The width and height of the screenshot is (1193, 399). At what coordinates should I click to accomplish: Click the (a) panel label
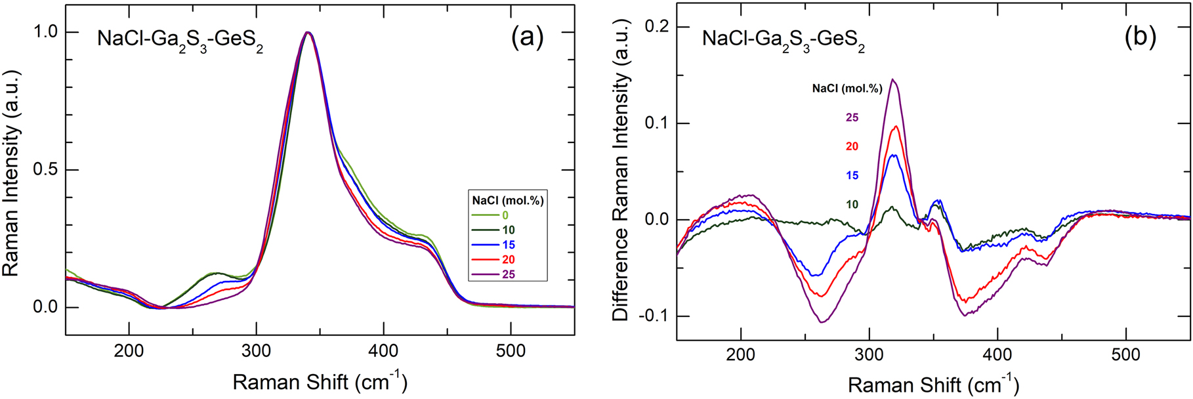[527, 37]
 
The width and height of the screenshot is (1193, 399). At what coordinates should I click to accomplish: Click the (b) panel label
[1140, 37]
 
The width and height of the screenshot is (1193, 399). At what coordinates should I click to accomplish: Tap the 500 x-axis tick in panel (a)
[511, 351]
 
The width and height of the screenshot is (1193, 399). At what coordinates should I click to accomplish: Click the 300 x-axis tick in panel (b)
[869, 355]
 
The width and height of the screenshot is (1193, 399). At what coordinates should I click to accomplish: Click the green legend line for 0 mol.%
[485, 215]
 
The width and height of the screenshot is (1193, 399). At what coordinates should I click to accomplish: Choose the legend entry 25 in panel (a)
[509, 274]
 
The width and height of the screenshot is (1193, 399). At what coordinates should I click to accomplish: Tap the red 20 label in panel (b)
[852, 146]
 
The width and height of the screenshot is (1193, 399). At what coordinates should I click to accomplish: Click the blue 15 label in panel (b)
[852, 175]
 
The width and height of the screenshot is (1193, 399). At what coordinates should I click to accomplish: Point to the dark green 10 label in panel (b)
[852, 204]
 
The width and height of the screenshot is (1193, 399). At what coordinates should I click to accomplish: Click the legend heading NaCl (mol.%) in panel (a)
[508, 200]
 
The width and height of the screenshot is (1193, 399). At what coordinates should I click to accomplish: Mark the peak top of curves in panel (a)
[307, 32]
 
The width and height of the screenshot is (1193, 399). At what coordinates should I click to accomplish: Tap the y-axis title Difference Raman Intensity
[621, 197]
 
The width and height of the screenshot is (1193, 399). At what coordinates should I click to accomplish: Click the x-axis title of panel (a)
[320, 382]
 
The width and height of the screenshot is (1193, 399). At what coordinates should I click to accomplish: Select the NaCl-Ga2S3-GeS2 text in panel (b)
[783, 39]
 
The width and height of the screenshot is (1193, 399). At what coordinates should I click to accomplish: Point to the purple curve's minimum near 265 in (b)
[822, 322]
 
